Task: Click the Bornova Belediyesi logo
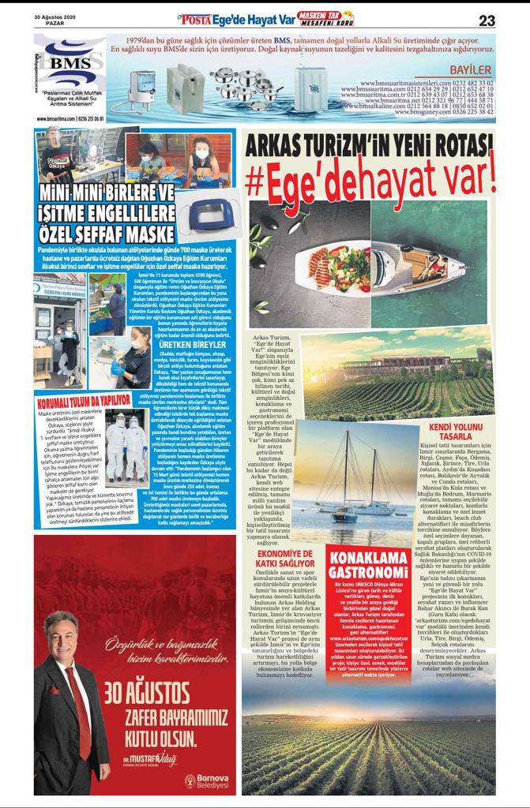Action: point(206,783)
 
